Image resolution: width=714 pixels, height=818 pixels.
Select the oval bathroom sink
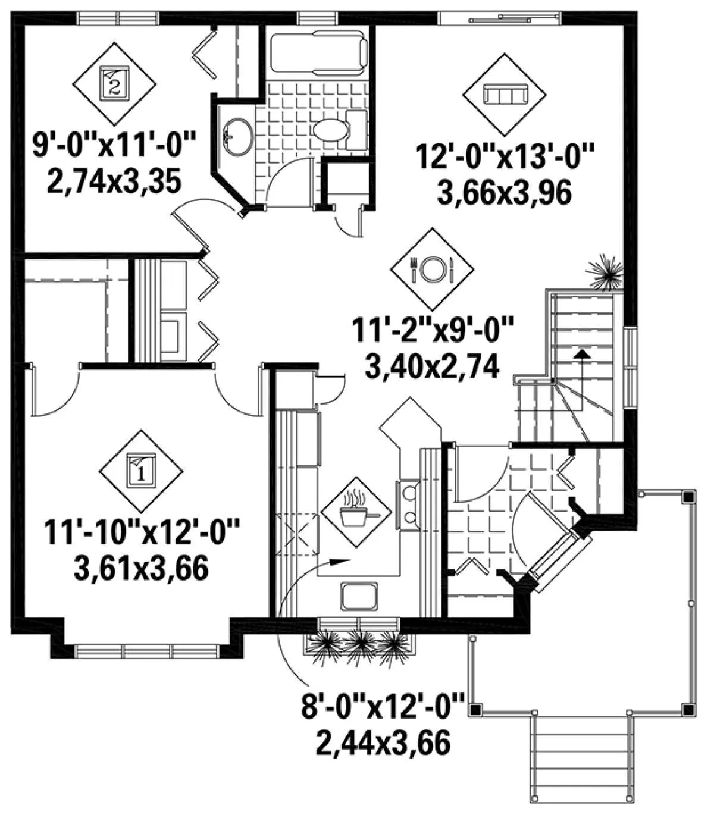[x=237, y=136]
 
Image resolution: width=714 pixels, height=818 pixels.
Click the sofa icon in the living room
[x=505, y=95]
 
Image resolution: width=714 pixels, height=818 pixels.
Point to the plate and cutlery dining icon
[x=432, y=269]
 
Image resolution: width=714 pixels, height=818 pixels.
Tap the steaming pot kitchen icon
[x=356, y=512]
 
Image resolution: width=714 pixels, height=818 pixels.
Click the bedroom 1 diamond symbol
[x=141, y=471]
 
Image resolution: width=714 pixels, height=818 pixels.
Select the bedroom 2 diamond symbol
[x=114, y=83]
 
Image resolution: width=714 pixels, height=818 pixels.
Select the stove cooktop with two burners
[x=408, y=506]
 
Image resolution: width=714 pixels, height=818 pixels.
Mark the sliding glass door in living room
[x=500, y=18]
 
